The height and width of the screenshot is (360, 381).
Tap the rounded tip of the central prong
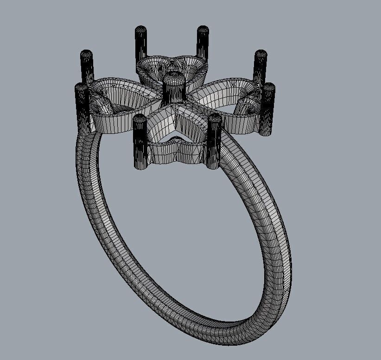click(x=173, y=76)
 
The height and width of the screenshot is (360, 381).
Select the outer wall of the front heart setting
click(x=176, y=153)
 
